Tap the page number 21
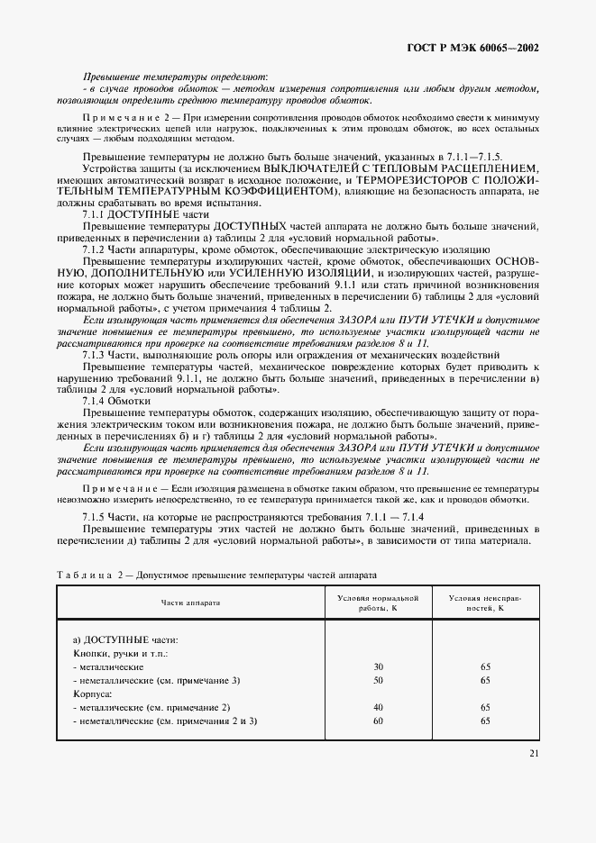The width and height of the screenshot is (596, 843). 534,754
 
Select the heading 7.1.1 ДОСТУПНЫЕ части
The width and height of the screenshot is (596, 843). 133,215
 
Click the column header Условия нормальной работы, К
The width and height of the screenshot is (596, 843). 379,603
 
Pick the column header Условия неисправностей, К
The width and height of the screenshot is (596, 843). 486,603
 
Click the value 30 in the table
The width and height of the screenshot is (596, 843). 378,666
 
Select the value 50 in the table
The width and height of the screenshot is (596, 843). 378,681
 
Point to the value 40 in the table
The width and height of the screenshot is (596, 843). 378,707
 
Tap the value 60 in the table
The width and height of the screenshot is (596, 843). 378,721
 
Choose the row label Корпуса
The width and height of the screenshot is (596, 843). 92,694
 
